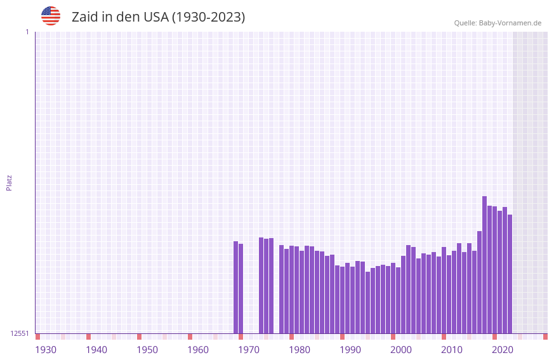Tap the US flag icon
point(51,16)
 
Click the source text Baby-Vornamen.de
point(510,23)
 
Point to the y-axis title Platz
point(9,182)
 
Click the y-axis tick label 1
point(27,32)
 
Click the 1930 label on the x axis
point(46,350)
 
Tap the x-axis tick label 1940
point(96,350)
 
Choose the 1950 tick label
point(147,350)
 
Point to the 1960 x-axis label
point(198,350)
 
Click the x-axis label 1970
point(249,350)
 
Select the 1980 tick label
point(300,350)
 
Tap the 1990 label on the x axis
point(350,350)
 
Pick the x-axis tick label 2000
point(401,350)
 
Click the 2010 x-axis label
point(452,350)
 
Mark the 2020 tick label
point(503,350)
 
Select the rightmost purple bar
point(510,274)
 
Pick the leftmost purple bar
point(235,287)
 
